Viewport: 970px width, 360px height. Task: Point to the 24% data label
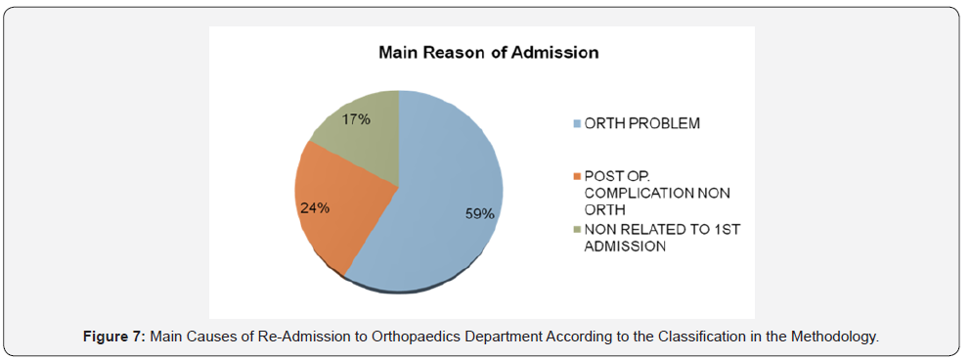coord(315,208)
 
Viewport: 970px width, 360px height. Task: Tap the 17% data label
coord(355,119)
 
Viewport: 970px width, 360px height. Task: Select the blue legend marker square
coord(577,124)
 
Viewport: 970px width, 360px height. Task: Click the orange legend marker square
coord(577,175)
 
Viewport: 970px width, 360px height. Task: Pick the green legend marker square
coord(577,230)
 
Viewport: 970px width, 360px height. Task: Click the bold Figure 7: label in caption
coord(113,337)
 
